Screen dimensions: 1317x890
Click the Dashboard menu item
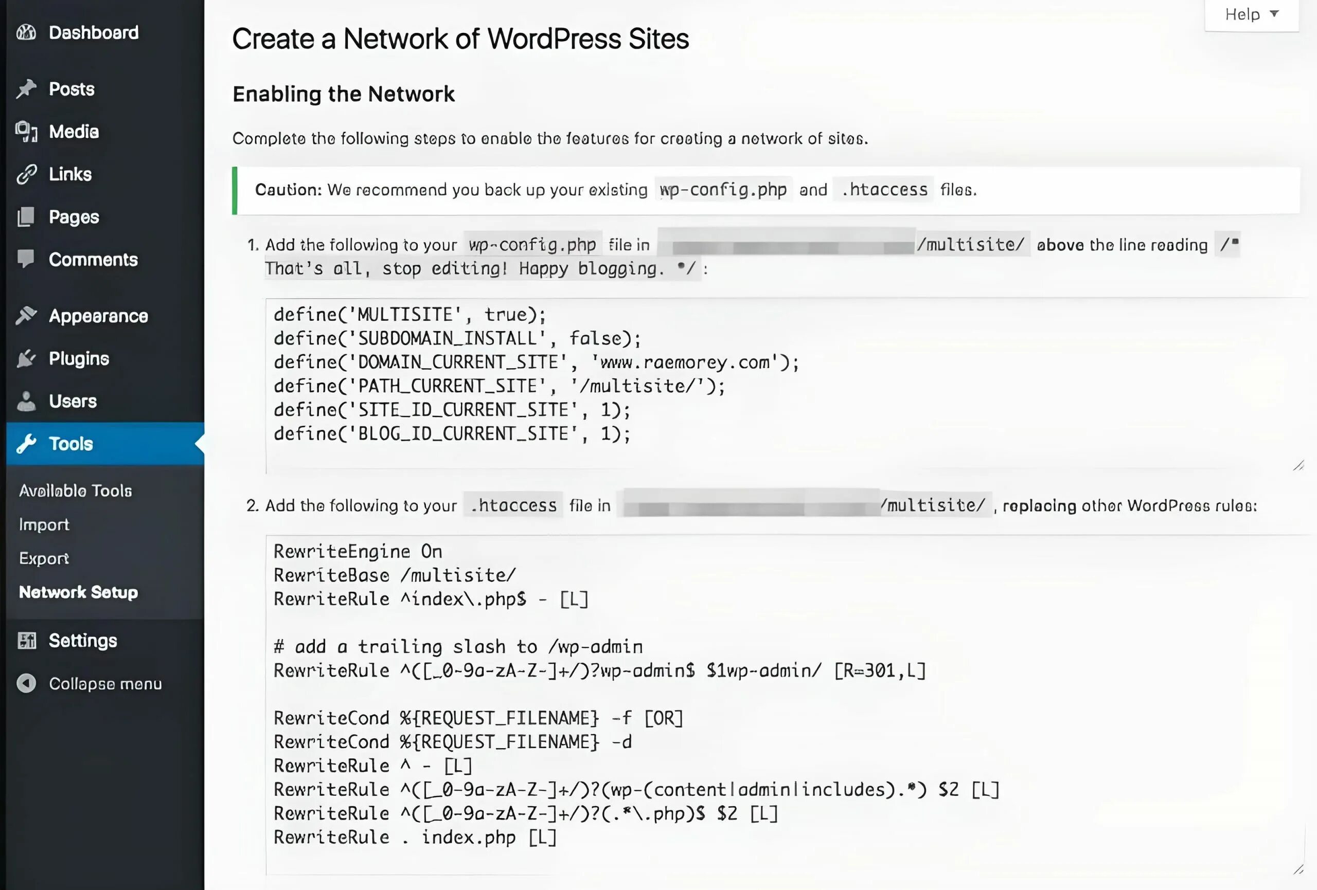94,32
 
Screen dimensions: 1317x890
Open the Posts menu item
72,89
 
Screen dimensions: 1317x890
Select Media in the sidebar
74,132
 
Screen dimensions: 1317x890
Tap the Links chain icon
26,174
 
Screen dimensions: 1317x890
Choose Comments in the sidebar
93,260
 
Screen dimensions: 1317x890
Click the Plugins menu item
79,358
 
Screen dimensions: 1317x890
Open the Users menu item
73,401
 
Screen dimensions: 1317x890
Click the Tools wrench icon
26,444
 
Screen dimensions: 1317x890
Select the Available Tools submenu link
76,491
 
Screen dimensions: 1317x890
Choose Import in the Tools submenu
44,524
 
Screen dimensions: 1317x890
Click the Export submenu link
44,558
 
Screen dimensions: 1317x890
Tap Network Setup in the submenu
78,592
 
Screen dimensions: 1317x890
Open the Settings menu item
83,641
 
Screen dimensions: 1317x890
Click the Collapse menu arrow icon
26,683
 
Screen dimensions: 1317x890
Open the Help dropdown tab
1251,15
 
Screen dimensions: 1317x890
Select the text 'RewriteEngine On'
358,551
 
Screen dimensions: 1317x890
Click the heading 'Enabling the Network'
344,94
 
